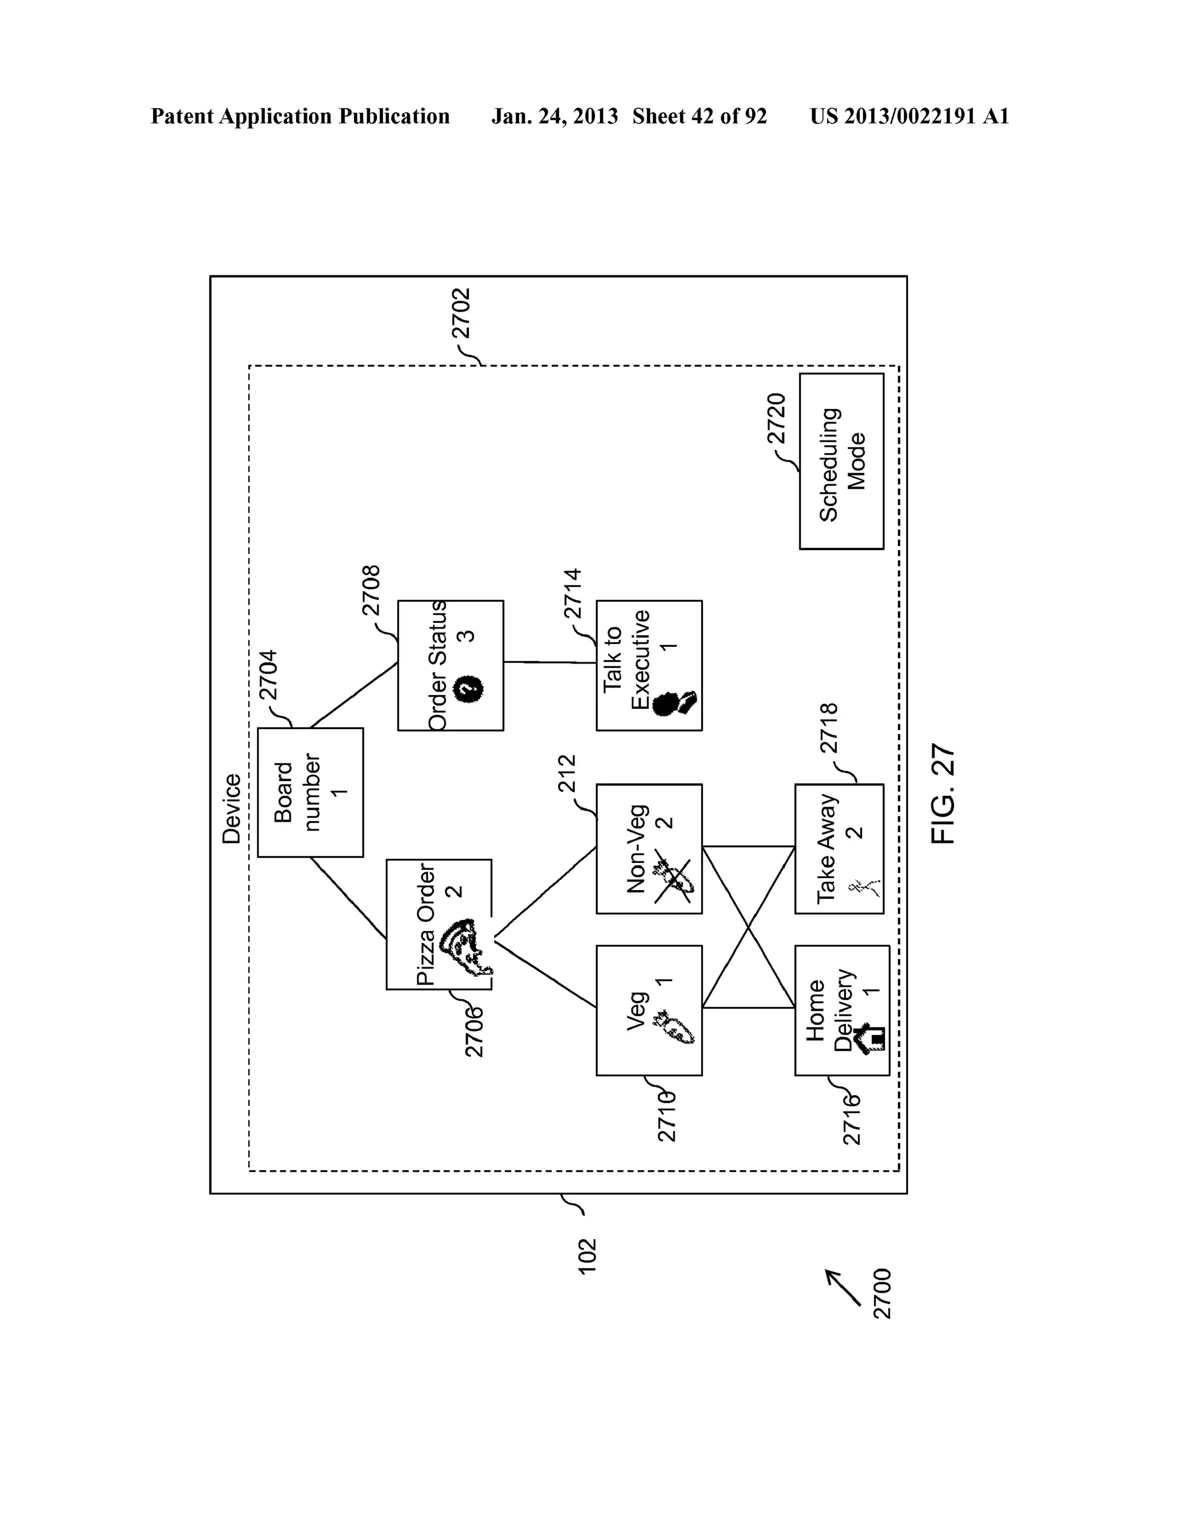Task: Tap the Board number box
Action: [310, 792]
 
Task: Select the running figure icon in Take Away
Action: [864, 887]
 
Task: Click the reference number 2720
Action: [775, 419]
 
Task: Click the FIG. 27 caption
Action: [943, 795]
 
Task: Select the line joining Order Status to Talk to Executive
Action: [549, 662]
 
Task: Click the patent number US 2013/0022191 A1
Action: [909, 116]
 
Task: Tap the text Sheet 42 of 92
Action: [699, 116]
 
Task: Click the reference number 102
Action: [587, 1256]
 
